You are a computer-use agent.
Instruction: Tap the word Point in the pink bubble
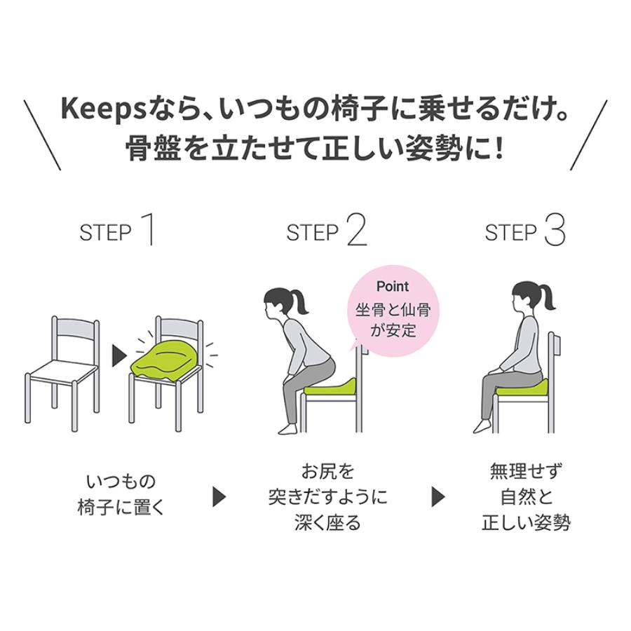(392, 287)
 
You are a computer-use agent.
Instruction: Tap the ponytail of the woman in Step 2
(304, 303)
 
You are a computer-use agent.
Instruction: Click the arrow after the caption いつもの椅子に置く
(219, 497)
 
